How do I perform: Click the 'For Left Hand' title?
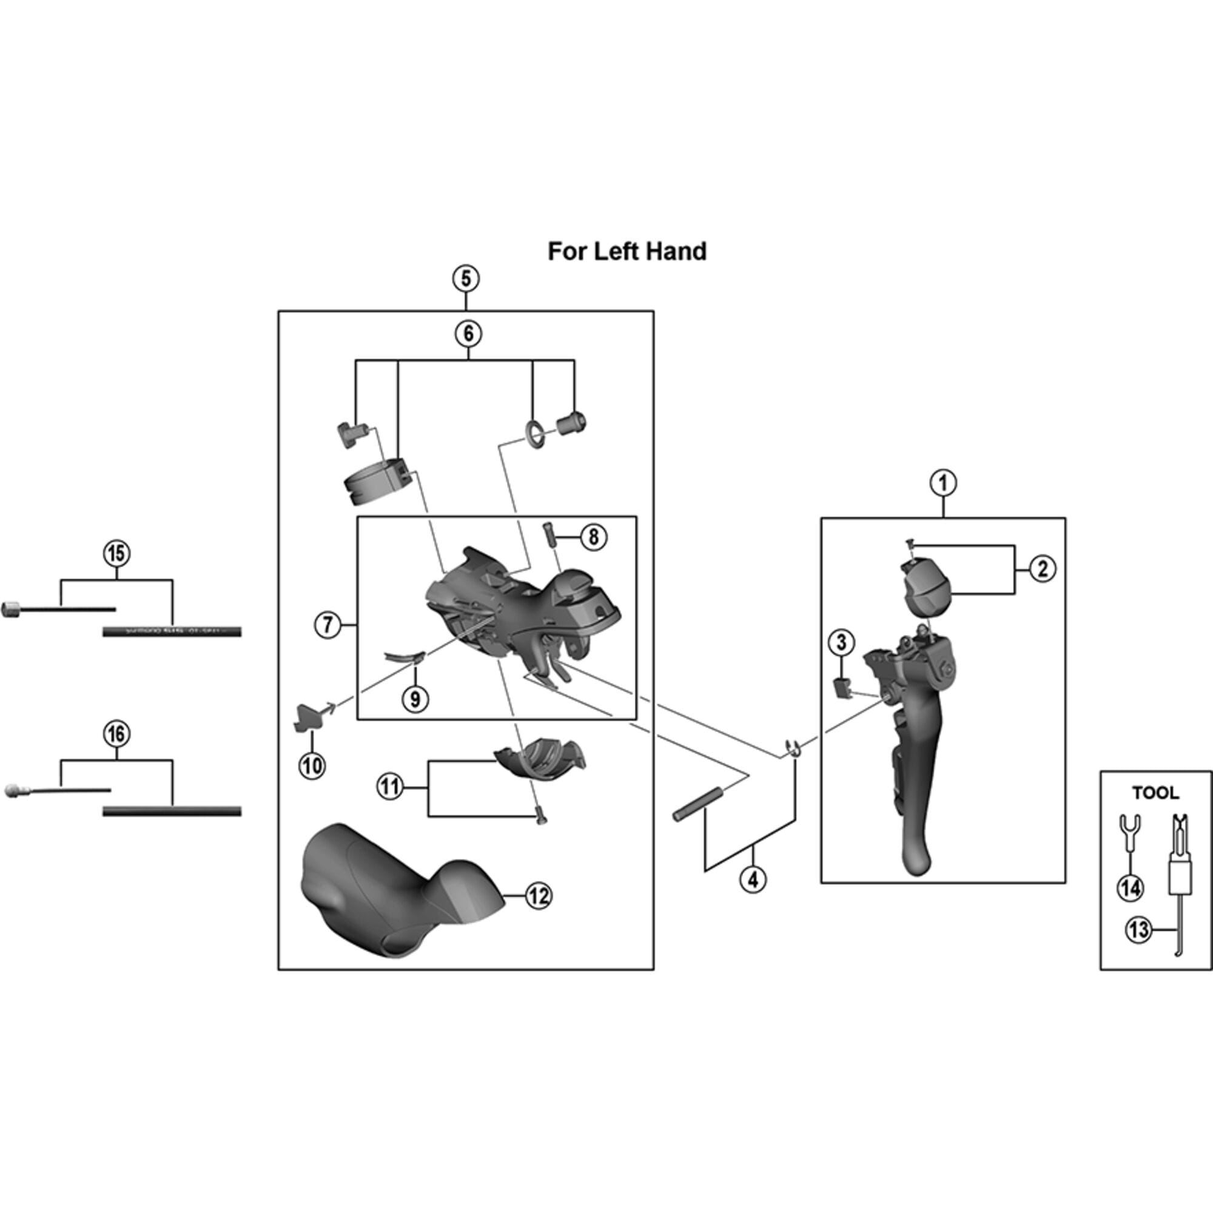click(x=627, y=251)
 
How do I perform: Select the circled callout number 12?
click(x=537, y=896)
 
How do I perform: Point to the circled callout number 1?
click(x=943, y=483)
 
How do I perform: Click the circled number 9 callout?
click(x=414, y=698)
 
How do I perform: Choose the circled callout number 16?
click(x=117, y=734)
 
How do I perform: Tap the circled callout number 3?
click(x=841, y=642)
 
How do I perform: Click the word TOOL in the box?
click(x=1155, y=793)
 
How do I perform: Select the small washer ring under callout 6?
click(x=534, y=432)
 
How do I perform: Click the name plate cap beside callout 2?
click(x=923, y=587)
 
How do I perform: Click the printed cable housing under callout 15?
click(x=172, y=631)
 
